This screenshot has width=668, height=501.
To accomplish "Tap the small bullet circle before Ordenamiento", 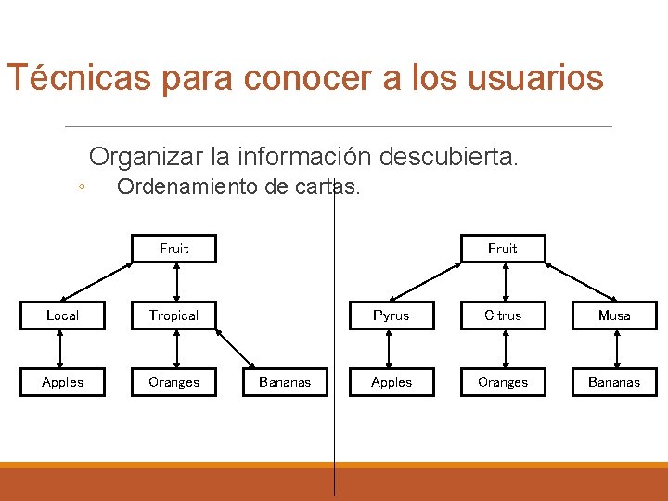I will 82,186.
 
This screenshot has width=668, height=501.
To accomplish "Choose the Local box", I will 62,315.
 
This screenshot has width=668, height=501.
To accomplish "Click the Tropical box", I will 173,315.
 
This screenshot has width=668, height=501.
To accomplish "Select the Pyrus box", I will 391,315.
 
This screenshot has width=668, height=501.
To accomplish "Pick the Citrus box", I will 503,315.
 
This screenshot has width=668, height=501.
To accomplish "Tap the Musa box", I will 613,315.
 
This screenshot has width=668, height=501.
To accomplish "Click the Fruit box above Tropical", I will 173,249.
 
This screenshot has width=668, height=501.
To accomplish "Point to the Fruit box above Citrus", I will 503,249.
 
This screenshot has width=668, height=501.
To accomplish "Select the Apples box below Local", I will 62,381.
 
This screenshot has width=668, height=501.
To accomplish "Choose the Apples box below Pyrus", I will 391,381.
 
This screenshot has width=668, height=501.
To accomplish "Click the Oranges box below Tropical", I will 173,381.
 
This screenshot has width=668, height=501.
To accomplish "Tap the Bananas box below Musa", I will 613,381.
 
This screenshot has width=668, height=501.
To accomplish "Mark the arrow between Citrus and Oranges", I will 504,348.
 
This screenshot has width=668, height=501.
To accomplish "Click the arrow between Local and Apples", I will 61,348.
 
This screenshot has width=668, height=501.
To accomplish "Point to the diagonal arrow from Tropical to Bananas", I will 232,348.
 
